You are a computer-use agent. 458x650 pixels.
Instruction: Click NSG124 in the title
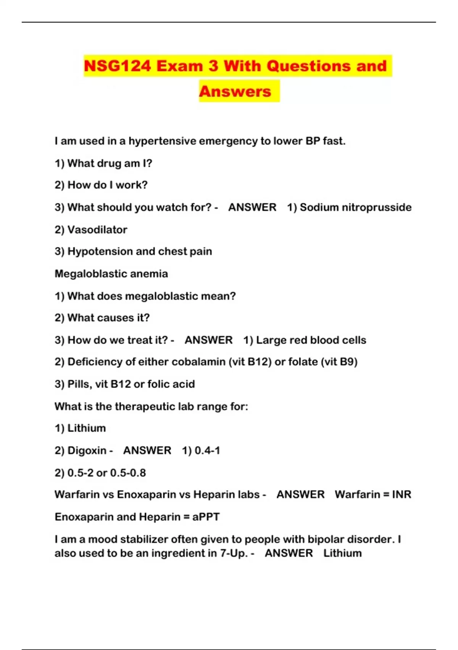117,66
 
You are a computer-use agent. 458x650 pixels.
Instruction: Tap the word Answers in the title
235,91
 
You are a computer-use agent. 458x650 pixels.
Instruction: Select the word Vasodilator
97,230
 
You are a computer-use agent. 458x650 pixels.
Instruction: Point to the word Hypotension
100,252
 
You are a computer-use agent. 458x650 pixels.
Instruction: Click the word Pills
79,384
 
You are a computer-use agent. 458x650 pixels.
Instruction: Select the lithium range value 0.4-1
207,450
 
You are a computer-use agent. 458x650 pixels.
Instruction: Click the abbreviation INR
402,494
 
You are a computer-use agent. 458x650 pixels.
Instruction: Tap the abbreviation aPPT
206,517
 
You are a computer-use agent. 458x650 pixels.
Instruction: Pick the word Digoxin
87,450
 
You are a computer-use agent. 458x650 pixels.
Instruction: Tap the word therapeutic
145,406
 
